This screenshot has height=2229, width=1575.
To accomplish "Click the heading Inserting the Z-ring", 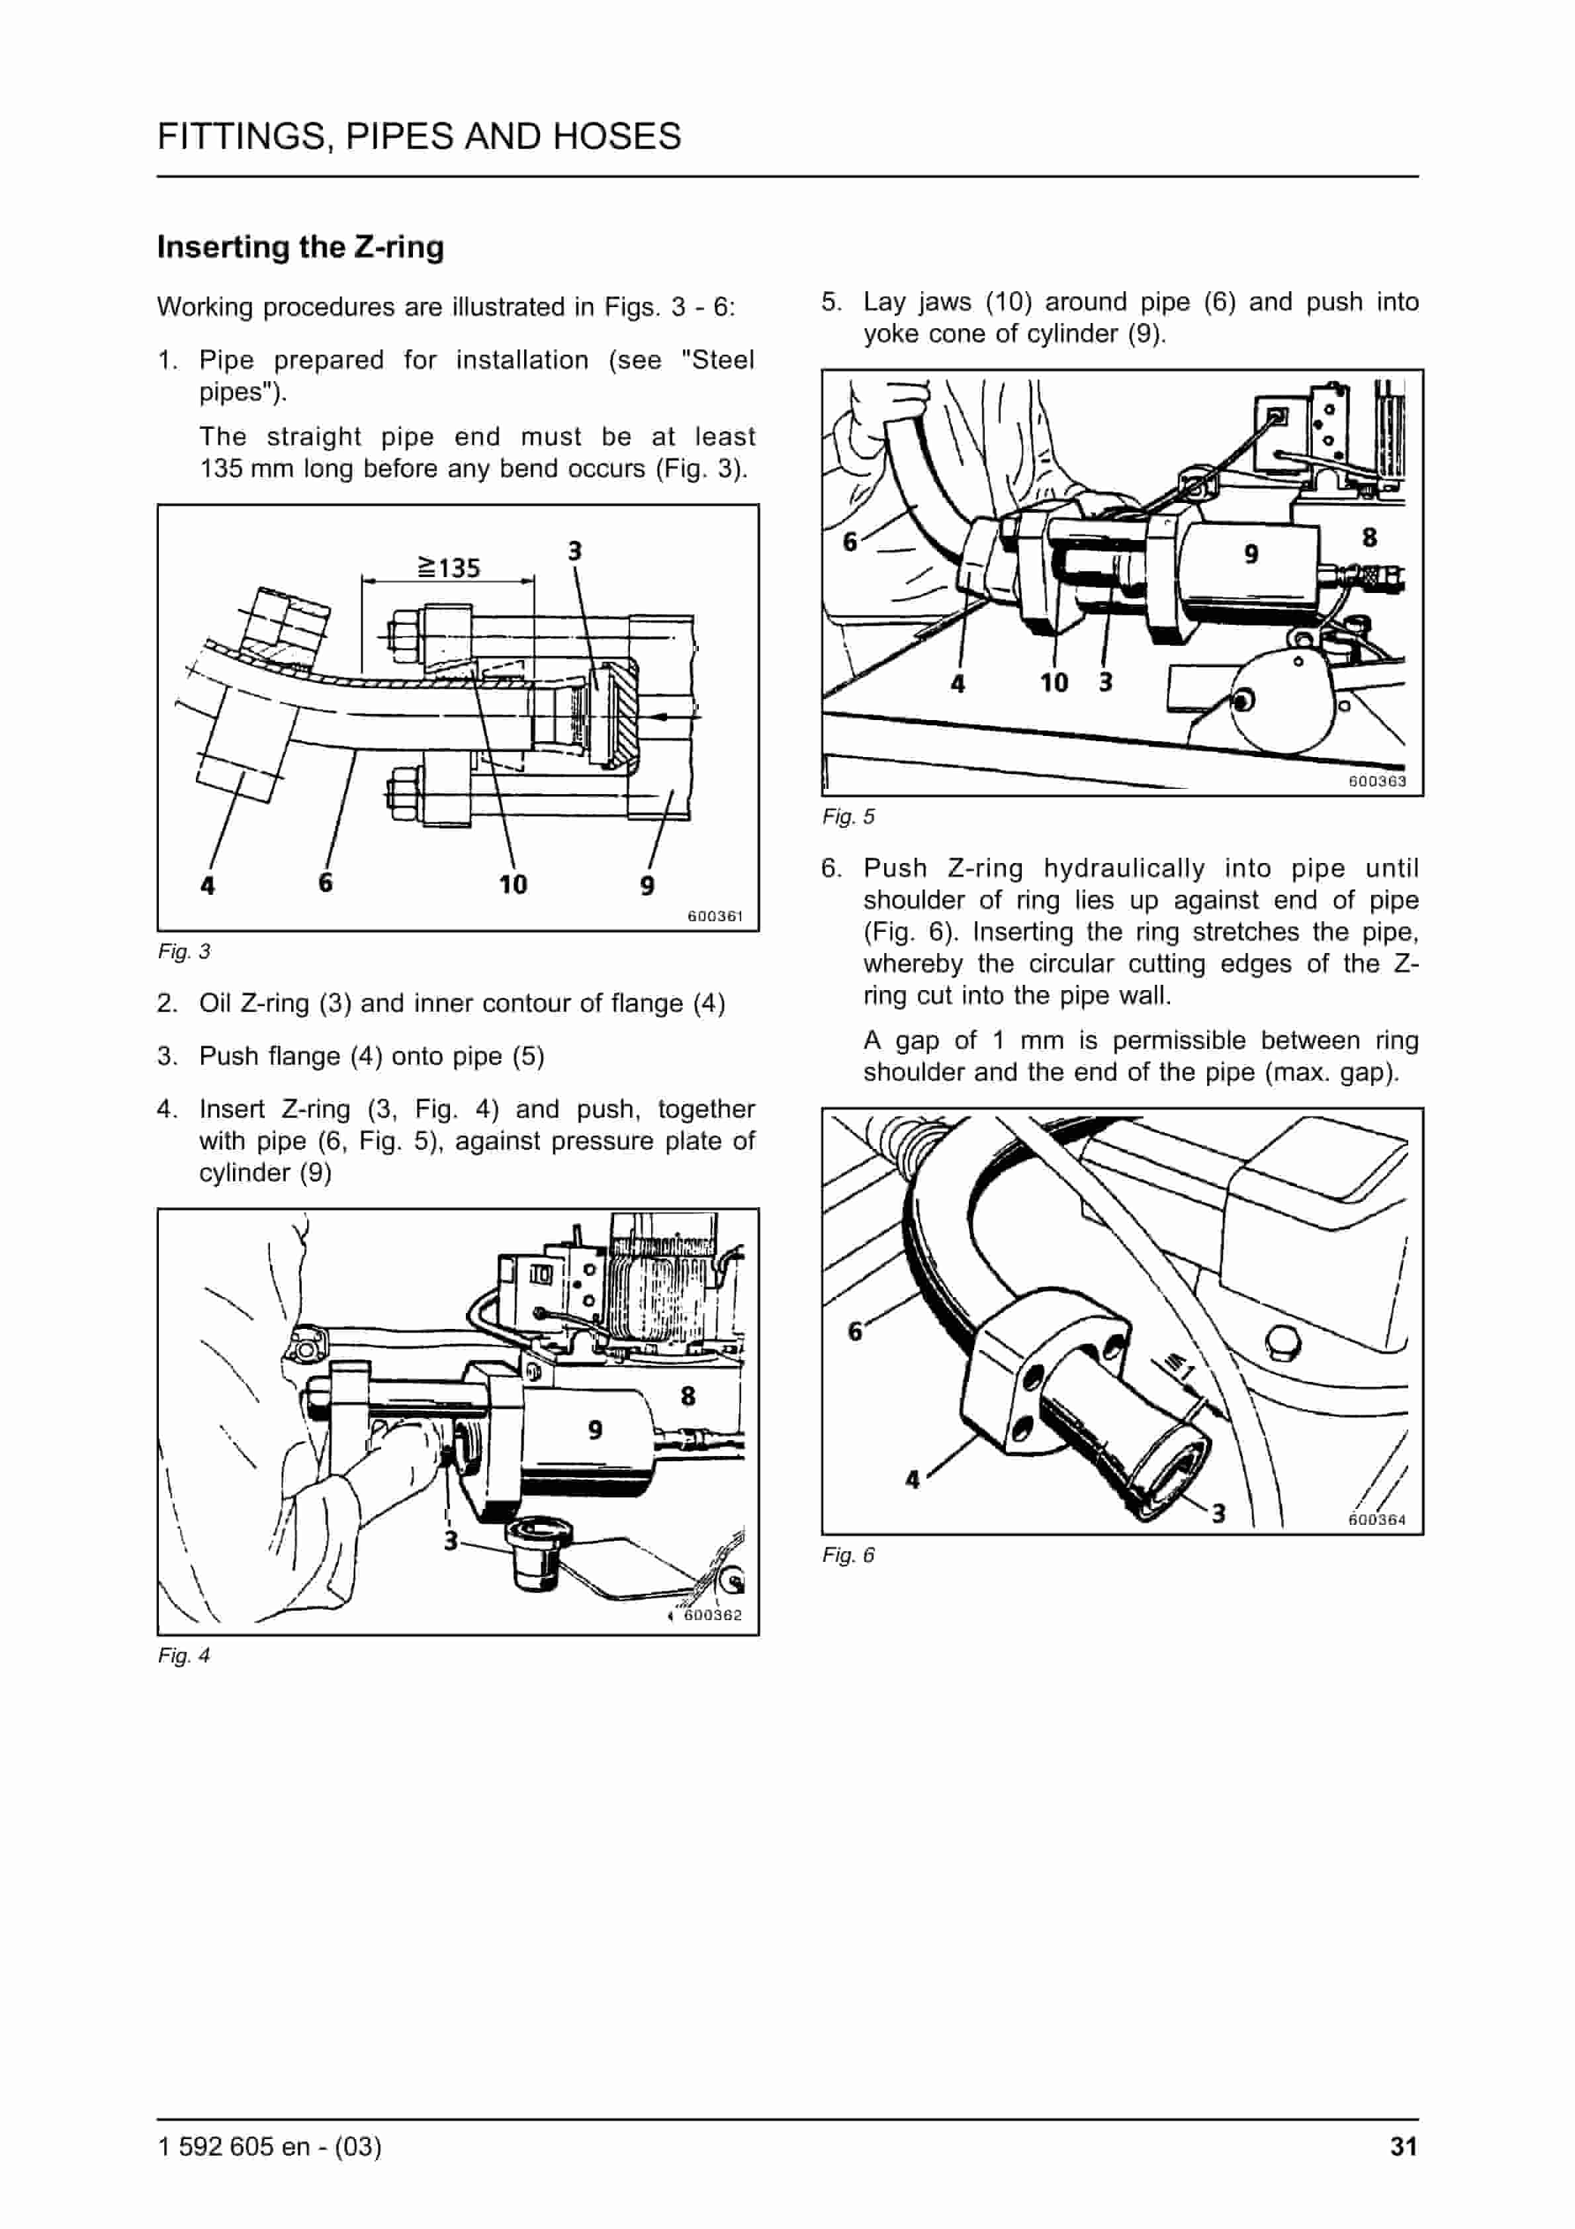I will pos(300,247).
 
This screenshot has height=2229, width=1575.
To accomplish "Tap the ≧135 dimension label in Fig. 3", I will pos(449,567).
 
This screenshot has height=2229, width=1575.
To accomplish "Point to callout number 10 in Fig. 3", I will pos(513,884).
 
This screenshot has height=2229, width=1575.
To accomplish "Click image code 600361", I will pos(715,915).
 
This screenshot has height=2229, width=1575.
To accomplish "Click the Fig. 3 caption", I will pos(183,952).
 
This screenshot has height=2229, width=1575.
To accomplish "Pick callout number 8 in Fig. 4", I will pos(688,1396).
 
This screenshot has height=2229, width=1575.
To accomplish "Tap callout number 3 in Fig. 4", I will pos(451,1541).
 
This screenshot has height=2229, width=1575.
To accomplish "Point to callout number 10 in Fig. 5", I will pos(1054,682).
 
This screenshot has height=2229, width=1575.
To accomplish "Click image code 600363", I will pos(1377,780).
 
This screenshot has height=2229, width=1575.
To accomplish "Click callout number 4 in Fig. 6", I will pos(912,1480).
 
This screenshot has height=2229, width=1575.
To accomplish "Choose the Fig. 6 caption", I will pos(848,1555).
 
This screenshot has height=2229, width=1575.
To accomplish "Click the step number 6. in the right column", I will pos(831,868).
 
